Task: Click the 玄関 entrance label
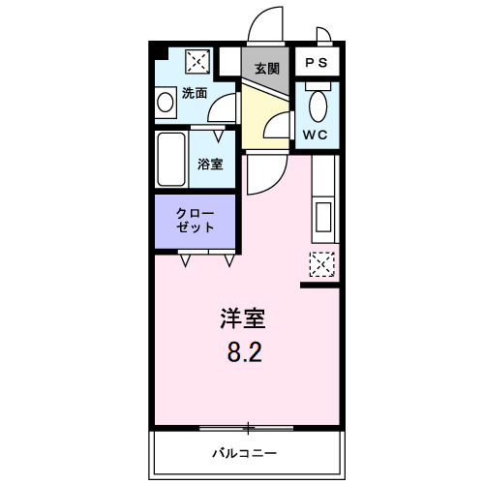[x=266, y=69]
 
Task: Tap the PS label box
[x=317, y=64]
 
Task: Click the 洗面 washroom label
[x=195, y=94]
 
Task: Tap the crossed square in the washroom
[x=197, y=61]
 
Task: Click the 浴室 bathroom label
[x=210, y=164]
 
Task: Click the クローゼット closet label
[x=196, y=220]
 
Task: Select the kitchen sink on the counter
[x=323, y=219]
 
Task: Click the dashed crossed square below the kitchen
[x=321, y=262]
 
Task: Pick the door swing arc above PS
[x=324, y=38]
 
